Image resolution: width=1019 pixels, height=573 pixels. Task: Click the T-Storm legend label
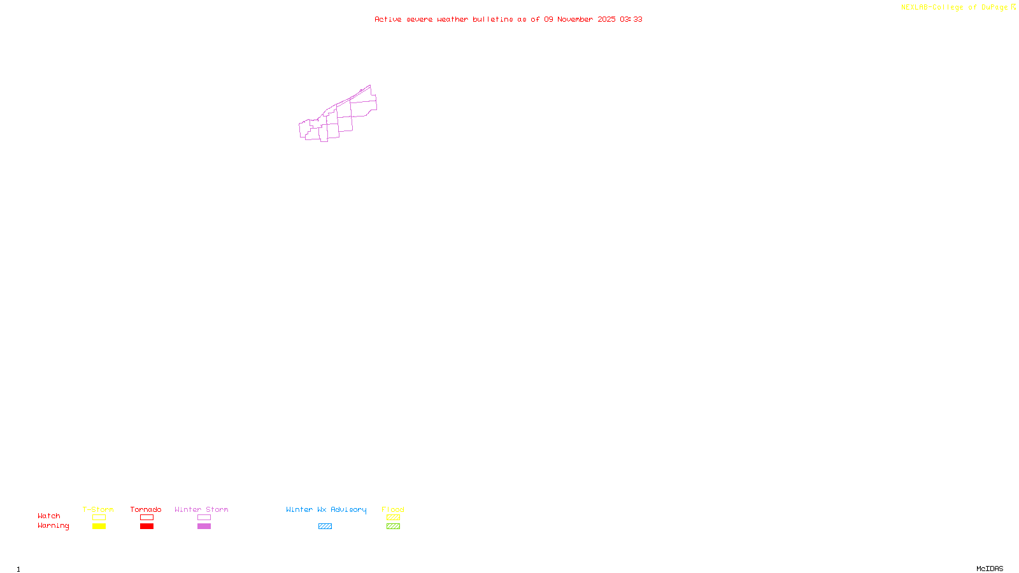tap(98, 509)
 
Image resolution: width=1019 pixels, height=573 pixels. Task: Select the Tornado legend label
tap(146, 509)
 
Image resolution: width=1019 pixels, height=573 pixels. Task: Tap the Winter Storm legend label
tap(201, 509)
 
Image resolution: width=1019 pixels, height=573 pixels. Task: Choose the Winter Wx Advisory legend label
tap(326, 509)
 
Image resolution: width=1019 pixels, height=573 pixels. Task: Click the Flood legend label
tap(393, 509)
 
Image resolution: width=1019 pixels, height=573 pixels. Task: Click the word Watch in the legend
tap(49, 516)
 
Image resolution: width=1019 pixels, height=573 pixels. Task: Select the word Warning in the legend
tap(53, 526)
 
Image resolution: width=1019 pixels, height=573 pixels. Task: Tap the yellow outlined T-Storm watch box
tap(99, 518)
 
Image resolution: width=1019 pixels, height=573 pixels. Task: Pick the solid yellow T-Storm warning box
tap(99, 527)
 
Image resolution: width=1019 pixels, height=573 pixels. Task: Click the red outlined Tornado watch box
tap(146, 518)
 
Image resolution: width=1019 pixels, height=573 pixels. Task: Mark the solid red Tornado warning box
tap(146, 527)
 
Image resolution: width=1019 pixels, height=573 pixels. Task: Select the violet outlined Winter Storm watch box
tap(204, 518)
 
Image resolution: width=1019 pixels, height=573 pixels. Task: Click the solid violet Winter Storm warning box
tap(204, 527)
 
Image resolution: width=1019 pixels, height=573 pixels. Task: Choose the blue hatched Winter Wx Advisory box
tap(325, 527)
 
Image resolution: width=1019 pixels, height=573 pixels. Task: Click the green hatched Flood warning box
tap(393, 527)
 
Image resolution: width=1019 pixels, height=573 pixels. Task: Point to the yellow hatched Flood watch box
tap(393, 518)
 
